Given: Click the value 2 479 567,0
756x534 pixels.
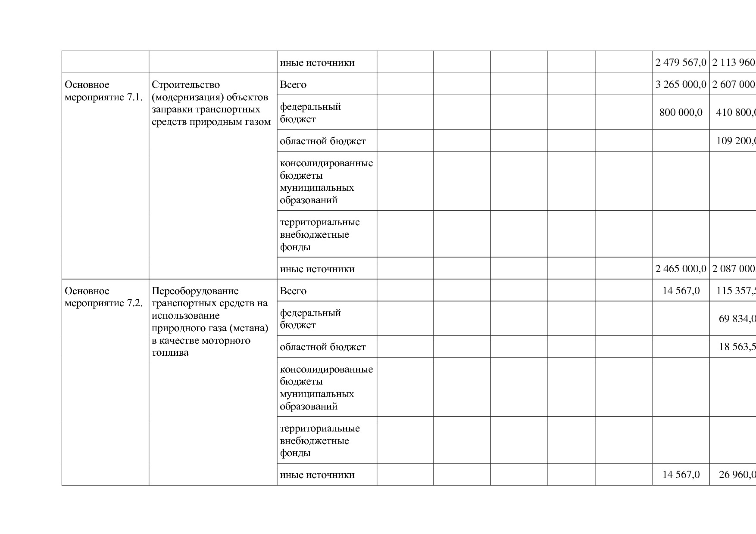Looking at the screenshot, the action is (x=681, y=63).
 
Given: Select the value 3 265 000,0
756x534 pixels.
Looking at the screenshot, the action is (x=681, y=84).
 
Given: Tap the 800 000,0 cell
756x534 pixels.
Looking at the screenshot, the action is (x=681, y=112).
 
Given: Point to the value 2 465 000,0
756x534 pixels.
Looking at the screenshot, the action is (x=681, y=269).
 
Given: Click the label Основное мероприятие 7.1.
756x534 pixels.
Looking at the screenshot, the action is (x=103, y=91).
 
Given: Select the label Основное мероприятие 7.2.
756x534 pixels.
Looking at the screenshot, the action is (x=103, y=297).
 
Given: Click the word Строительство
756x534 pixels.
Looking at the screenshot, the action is (x=186, y=85).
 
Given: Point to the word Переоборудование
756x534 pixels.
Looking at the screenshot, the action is (x=195, y=291).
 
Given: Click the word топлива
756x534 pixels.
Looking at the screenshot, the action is (x=170, y=353).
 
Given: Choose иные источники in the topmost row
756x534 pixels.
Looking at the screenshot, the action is (x=317, y=63).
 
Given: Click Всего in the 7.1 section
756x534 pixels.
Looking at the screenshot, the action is (x=293, y=85).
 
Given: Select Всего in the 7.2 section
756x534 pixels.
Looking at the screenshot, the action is (x=293, y=291).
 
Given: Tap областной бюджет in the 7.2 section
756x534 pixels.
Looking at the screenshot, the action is (x=323, y=347).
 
